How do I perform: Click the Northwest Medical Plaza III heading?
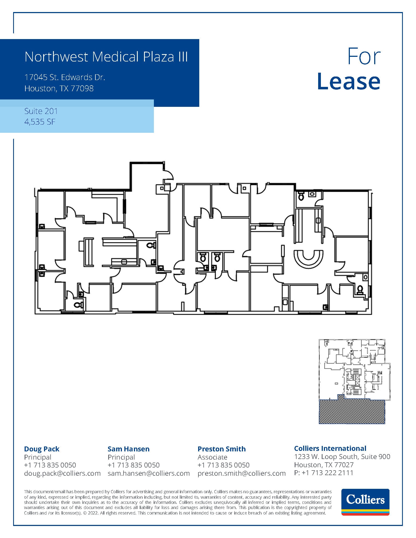coord(106,57)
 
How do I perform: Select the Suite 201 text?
coord(41,111)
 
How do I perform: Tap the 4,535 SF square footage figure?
coord(40,122)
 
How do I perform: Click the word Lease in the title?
coord(348,81)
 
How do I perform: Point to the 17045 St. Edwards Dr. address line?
coord(65,77)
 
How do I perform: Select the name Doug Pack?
coord(42,449)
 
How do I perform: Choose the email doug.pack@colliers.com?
coord(62,473)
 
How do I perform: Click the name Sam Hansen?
coord(128,449)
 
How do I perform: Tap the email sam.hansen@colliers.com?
coord(148,473)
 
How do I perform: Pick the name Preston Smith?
coord(221,449)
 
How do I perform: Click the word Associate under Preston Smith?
coord(212,457)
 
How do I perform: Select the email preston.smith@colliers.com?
coord(241,473)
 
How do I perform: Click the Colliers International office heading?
coord(330,448)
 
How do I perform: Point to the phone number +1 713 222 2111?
coord(327,473)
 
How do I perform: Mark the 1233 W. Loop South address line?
coord(342,457)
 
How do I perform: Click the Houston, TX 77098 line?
coord(59,89)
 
